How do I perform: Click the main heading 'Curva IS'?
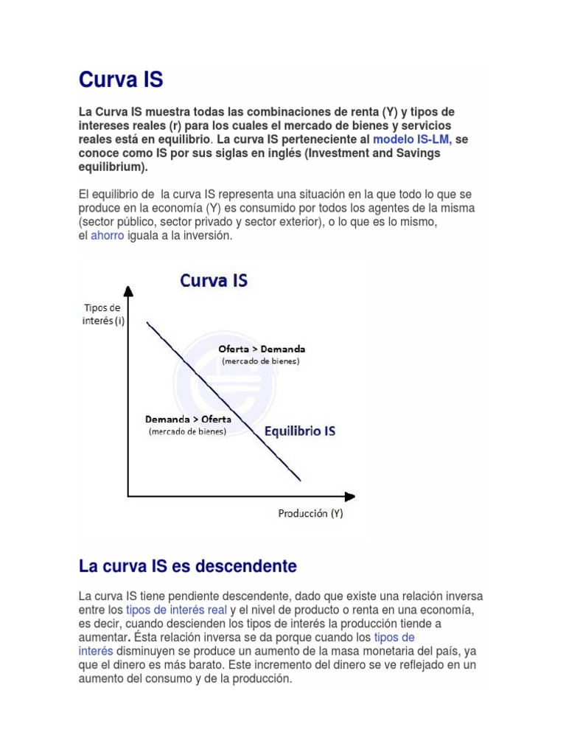(121, 80)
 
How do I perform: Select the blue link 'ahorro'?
(107, 236)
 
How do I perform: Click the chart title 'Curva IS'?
(214, 281)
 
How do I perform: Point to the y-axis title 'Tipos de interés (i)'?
(104, 314)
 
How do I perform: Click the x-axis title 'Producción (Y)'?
(310, 513)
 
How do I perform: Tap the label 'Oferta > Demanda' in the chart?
(262, 349)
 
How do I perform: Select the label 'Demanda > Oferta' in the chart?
(188, 419)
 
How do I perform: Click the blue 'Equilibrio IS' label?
(299, 431)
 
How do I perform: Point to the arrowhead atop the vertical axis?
(128, 291)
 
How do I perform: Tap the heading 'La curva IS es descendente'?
(187, 567)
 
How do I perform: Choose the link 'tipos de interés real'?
(176, 610)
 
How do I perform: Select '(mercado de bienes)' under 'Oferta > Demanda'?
(261, 361)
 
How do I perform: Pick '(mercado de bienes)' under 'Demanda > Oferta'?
(187, 431)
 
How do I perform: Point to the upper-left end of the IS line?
(148, 322)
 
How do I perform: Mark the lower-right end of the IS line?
(301, 481)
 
